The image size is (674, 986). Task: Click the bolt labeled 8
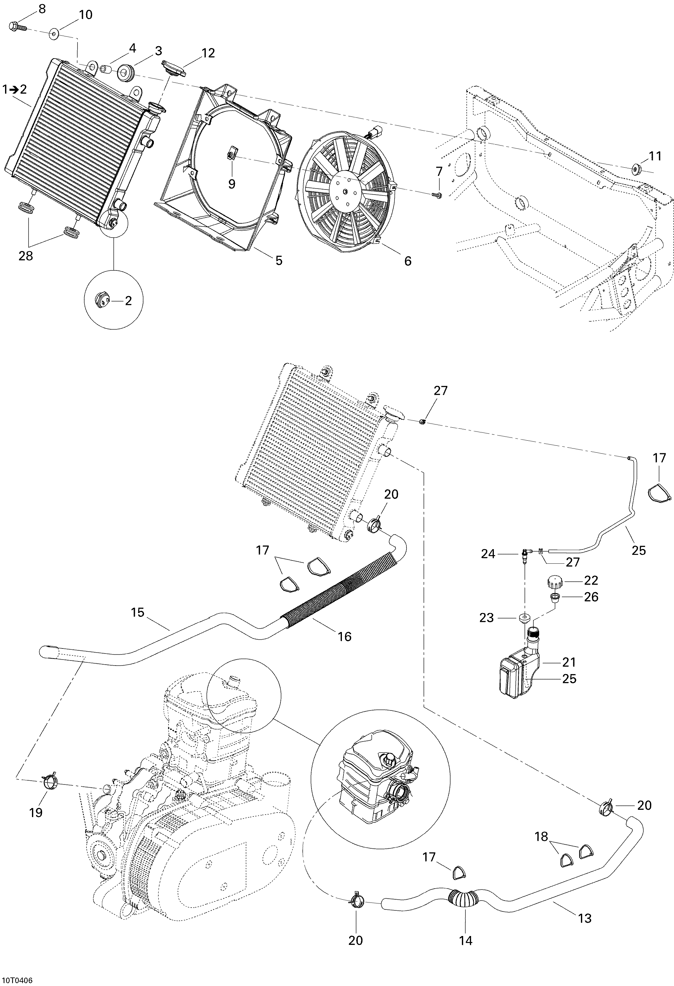pos(17,28)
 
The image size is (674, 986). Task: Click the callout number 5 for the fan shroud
pos(279,260)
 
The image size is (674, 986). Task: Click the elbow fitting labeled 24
pos(525,554)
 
